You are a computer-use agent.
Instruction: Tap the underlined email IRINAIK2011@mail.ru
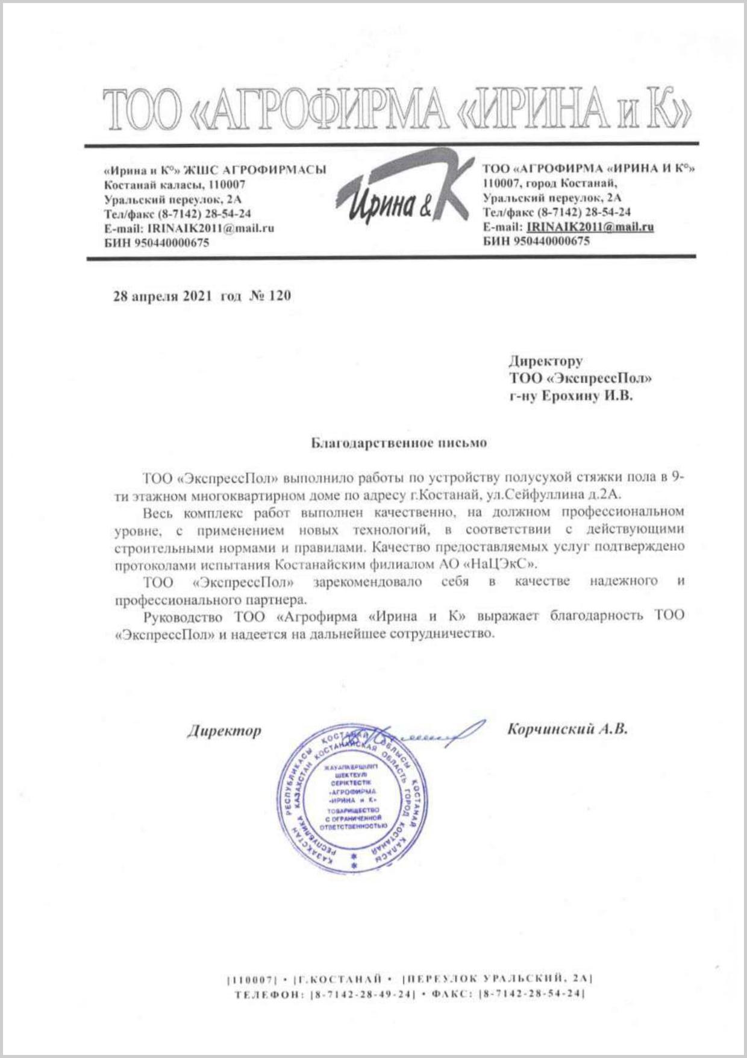point(590,227)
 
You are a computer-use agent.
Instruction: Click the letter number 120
point(279,295)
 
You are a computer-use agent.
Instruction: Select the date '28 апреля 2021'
point(163,296)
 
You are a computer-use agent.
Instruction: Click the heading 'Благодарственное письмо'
point(399,443)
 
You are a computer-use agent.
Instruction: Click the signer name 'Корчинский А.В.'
point(567,729)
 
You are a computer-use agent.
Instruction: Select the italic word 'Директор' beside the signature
point(224,731)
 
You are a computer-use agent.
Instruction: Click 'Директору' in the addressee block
point(546,361)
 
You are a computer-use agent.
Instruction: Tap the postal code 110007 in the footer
point(252,978)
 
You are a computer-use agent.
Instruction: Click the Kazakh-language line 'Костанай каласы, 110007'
point(175,184)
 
